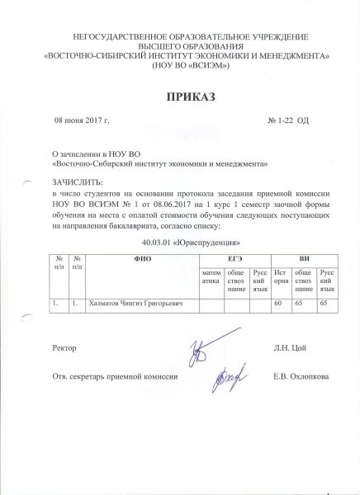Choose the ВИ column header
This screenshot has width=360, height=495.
(x=305, y=260)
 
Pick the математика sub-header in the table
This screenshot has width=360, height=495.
(x=211, y=277)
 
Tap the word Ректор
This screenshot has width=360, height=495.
(x=64, y=350)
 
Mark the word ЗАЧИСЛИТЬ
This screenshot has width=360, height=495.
(x=78, y=180)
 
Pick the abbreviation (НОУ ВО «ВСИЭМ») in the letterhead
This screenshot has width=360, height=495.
(x=180, y=66)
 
